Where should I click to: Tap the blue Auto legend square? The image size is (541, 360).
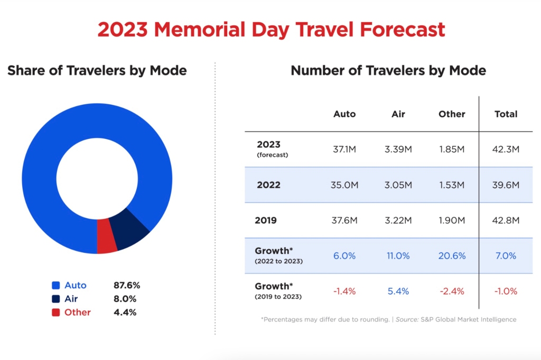pyautogui.click(x=55, y=286)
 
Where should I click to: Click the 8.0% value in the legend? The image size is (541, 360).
pyautogui.click(x=125, y=299)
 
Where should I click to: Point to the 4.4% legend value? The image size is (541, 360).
pyautogui.click(x=125, y=312)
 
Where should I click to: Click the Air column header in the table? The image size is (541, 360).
pyautogui.click(x=398, y=114)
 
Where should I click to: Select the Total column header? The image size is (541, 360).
pyautogui.click(x=506, y=114)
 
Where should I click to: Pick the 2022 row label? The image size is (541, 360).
pyautogui.click(x=268, y=185)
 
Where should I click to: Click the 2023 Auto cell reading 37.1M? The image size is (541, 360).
pyautogui.click(x=344, y=149)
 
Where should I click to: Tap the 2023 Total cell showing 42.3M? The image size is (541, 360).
pyautogui.click(x=506, y=149)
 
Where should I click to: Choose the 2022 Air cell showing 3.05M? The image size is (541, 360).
pyautogui.click(x=398, y=185)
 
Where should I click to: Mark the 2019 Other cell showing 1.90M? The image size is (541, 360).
pyautogui.click(x=452, y=221)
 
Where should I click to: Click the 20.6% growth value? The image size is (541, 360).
pyautogui.click(x=452, y=255)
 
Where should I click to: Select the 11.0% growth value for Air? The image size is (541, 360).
pyautogui.click(x=398, y=255)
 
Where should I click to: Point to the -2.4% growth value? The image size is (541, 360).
pyautogui.click(x=452, y=291)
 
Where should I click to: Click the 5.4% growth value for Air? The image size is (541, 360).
pyautogui.click(x=398, y=291)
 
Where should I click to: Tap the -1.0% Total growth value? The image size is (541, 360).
pyautogui.click(x=506, y=291)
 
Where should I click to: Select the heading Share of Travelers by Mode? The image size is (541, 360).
pyautogui.click(x=97, y=70)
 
